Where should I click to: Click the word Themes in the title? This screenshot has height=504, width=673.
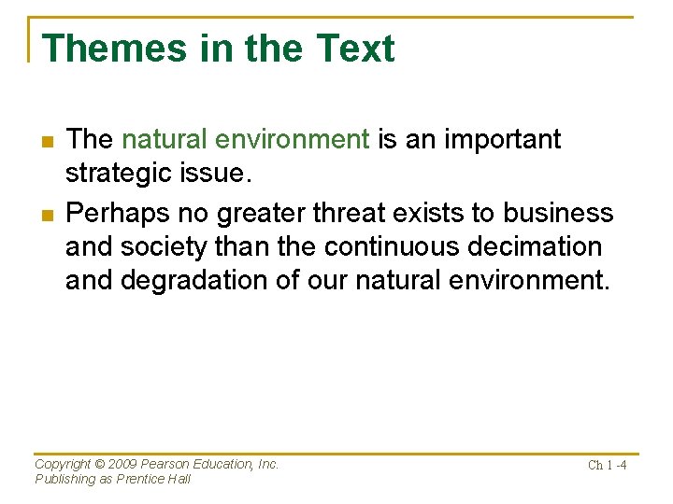tap(114, 48)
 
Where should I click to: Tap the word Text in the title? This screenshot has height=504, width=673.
tap(355, 48)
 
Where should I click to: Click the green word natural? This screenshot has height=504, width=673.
tap(165, 139)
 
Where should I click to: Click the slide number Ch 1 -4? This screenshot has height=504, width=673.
tap(607, 465)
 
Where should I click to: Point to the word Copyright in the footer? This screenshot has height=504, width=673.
tap(64, 464)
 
